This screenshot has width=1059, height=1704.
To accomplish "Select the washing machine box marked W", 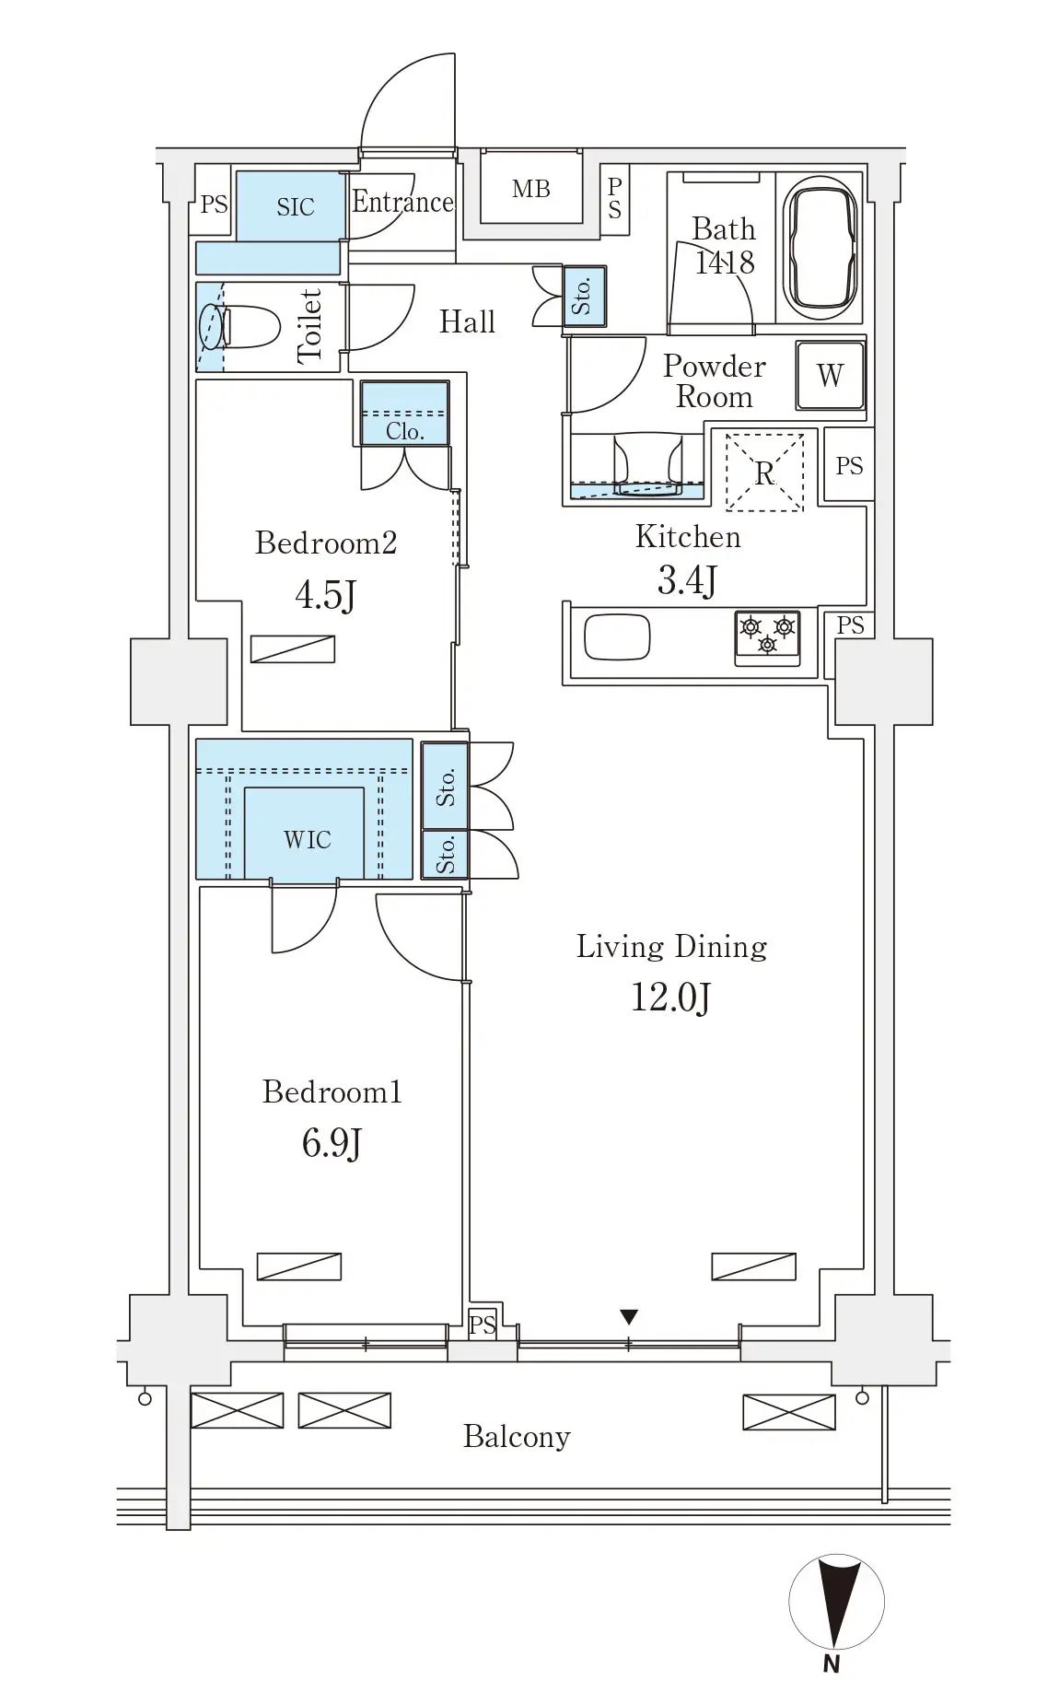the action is [831, 376].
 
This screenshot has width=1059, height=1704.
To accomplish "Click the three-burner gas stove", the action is [767, 636].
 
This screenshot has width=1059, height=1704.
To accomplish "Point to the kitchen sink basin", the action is [617, 637].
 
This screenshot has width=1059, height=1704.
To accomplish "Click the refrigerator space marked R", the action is [764, 472].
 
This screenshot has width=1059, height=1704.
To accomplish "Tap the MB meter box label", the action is [531, 189].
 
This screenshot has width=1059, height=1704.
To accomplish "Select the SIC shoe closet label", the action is [296, 207].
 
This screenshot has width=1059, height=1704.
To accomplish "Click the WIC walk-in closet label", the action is [308, 840].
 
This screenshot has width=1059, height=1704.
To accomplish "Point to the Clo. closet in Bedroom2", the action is [405, 414].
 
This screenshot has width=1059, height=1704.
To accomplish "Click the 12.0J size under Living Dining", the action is [670, 997].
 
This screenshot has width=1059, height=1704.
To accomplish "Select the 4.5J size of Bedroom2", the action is [325, 595].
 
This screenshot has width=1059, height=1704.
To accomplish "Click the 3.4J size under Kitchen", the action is [687, 580].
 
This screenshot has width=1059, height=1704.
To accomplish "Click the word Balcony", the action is [517, 1436].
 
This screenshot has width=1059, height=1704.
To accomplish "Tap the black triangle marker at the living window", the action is [629, 1316].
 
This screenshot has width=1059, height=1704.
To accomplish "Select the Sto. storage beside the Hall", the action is [585, 297].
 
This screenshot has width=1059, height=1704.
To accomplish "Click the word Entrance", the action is [403, 202].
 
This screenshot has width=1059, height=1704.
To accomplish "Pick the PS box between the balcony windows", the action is [482, 1325].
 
